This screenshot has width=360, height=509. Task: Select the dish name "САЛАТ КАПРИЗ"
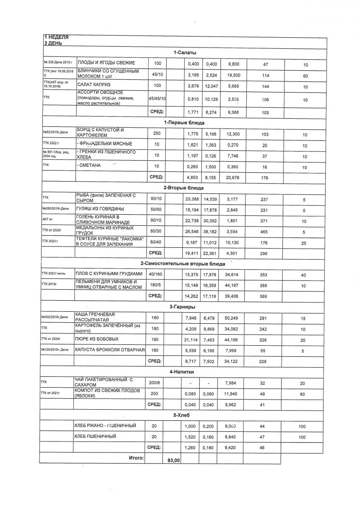(x=93, y=85)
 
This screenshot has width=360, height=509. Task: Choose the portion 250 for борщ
(x=157, y=134)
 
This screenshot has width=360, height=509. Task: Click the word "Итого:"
(x=136, y=458)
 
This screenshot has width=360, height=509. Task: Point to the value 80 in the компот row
(x=305, y=394)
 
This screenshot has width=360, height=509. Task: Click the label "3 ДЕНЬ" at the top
(x=53, y=43)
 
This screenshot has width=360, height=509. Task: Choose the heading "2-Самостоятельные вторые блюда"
(x=183, y=264)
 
